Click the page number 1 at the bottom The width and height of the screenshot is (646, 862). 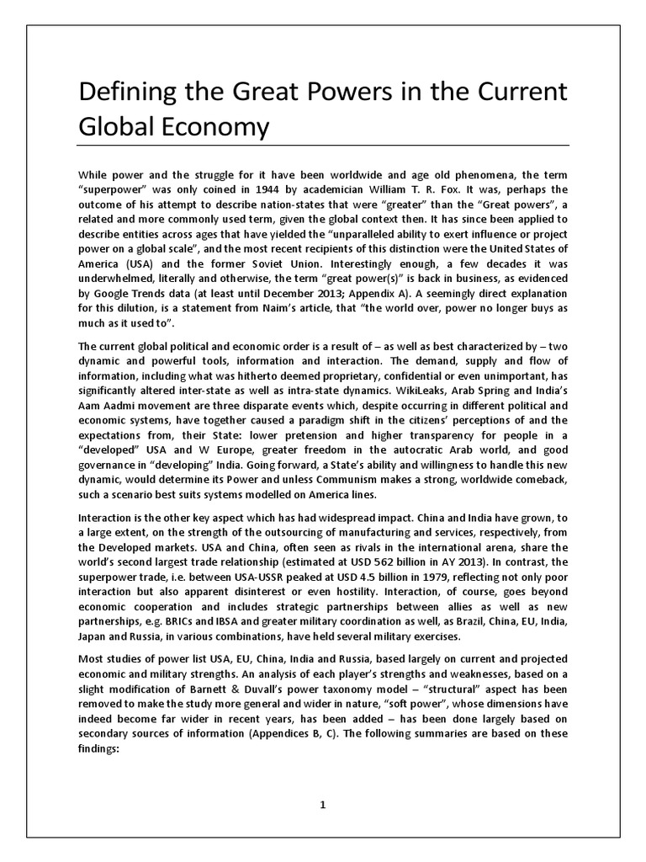coord(322,805)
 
